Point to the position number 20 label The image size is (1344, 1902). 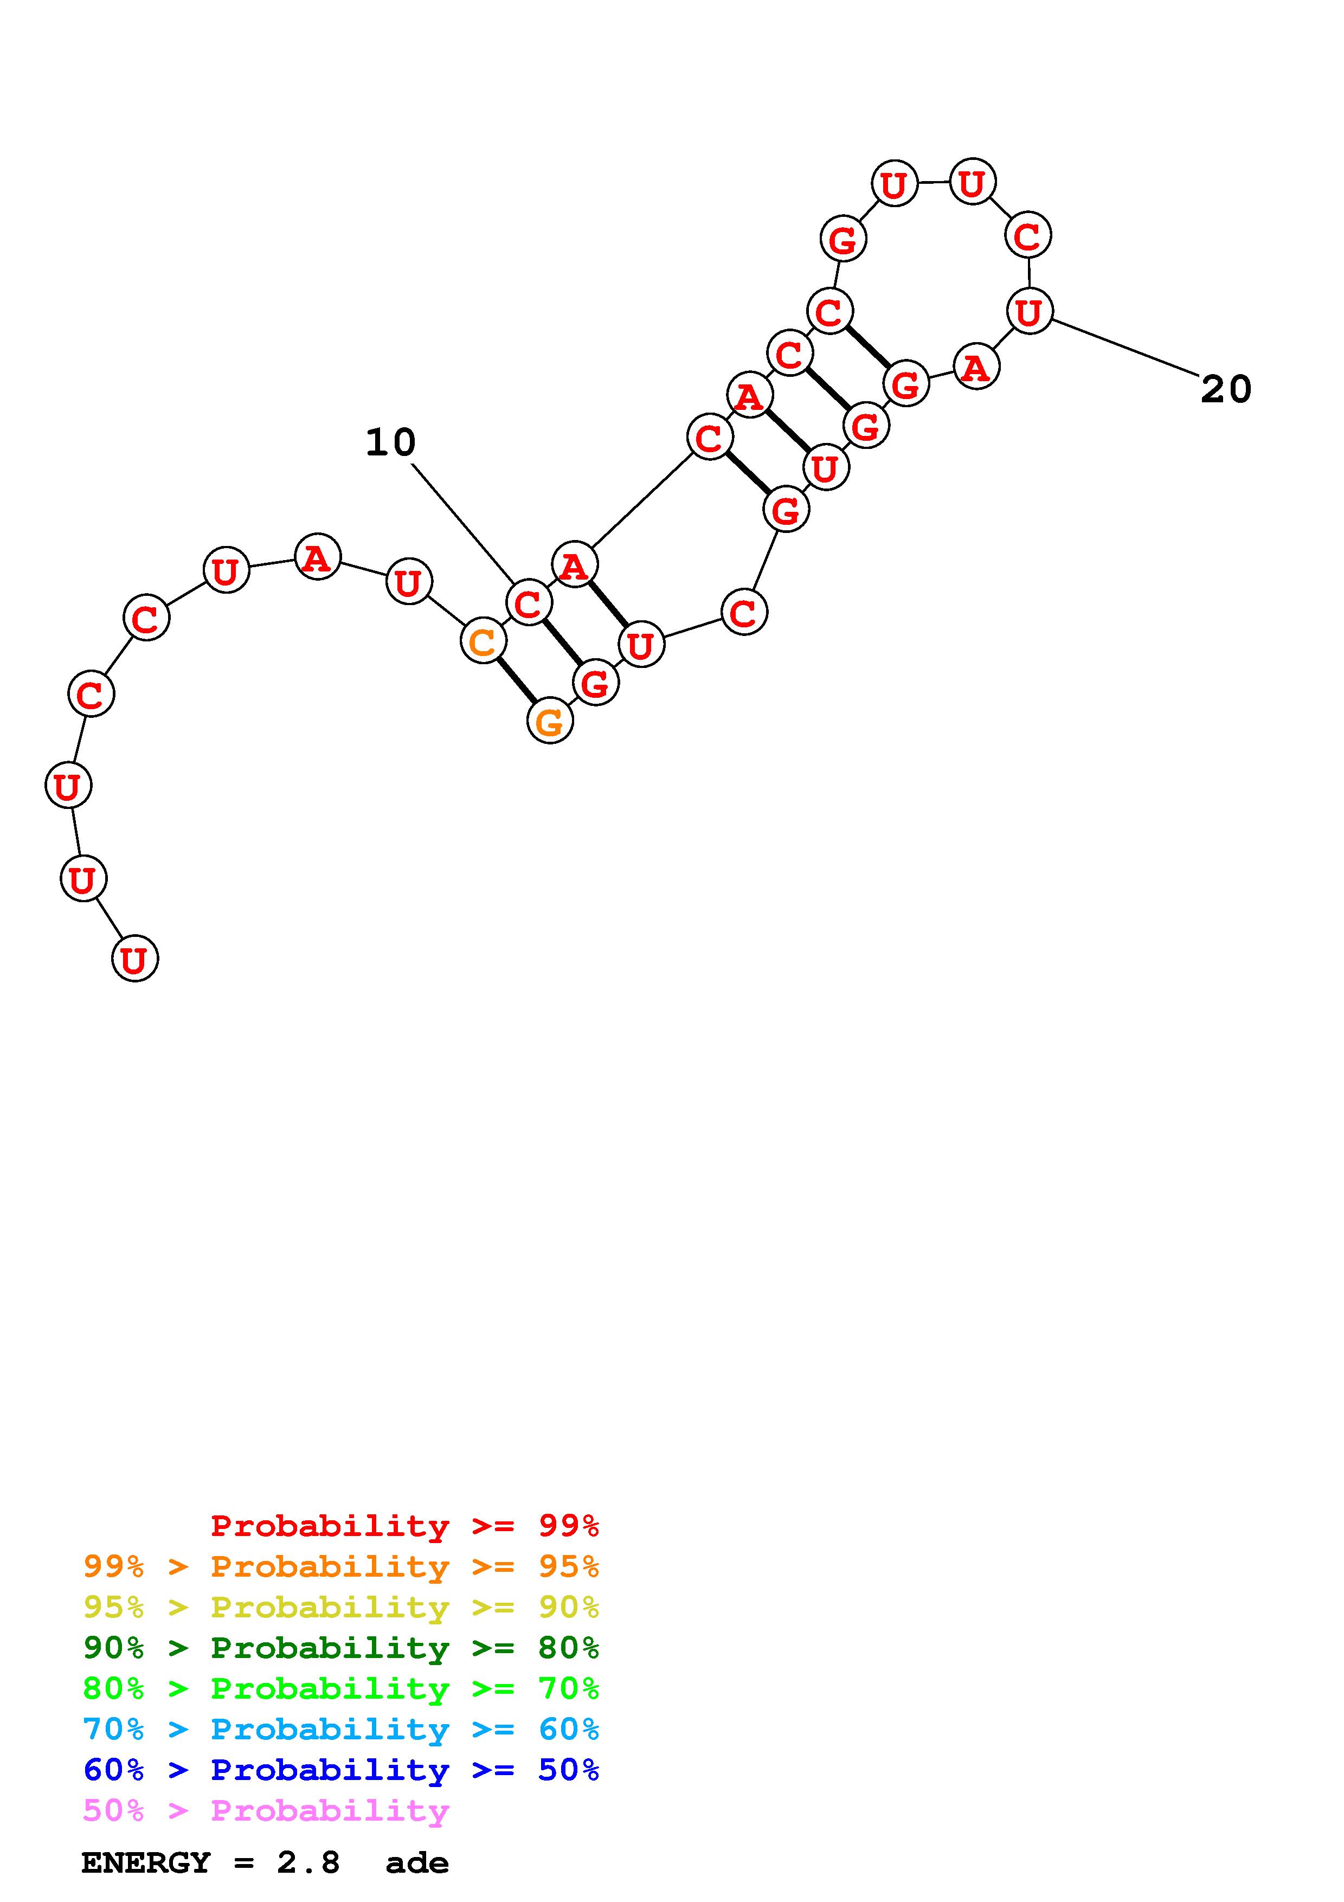[1226, 389]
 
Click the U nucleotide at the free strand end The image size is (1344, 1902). [134, 959]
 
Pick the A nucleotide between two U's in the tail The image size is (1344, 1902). [317, 557]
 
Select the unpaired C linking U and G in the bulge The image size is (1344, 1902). [744, 612]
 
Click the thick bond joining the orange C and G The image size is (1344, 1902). [517, 681]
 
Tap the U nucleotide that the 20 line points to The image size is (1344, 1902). [1030, 311]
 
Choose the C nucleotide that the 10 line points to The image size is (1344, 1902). [528, 603]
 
